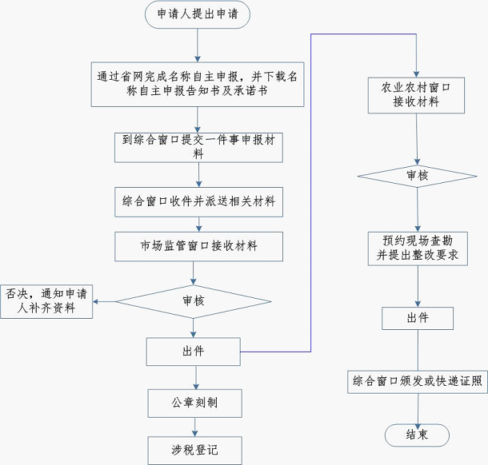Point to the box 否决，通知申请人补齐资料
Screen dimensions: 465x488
click(x=46, y=301)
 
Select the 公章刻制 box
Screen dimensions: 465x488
click(x=194, y=403)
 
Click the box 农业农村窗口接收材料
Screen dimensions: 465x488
click(x=417, y=95)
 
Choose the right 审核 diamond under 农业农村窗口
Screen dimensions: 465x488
click(x=417, y=174)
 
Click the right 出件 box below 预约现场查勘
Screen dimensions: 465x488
click(x=417, y=318)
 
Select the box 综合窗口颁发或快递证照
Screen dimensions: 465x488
click(x=417, y=382)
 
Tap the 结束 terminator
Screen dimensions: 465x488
click(x=417, y=435)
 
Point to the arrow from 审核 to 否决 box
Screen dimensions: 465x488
click(x=105, y=301)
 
